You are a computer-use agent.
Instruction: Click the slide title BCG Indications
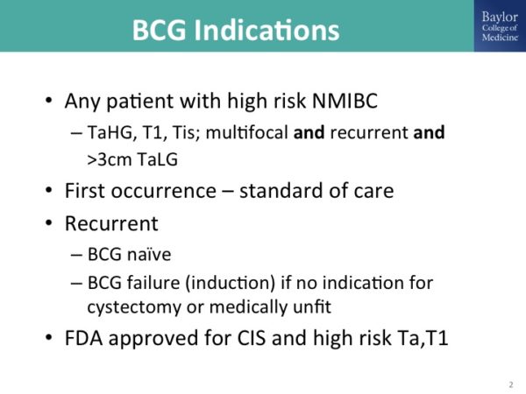[x=235, y=30]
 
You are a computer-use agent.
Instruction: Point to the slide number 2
[x=510, y=384]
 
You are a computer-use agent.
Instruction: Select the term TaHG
[x=111, y=132]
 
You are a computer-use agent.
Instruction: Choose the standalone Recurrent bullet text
[x=107, y=223]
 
